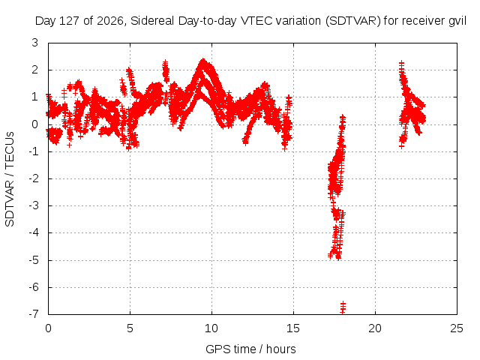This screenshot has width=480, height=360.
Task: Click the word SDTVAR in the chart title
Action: tap(352, 21)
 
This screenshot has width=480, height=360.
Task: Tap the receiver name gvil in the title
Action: tap(457, 22)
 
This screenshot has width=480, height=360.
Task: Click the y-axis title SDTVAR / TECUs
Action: tap(10, 179)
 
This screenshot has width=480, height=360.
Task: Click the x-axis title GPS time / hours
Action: tap(250, 349)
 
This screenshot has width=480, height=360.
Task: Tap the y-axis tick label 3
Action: tap(35, 43)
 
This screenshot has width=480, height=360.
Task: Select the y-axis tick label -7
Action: tap(34, 313)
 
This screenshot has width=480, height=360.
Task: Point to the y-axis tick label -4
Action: tap(34, 232)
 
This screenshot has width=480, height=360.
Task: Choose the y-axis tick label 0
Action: tap(35, 124)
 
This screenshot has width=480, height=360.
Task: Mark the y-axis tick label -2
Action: tap(34, 178)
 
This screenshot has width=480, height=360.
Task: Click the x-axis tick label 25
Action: tap(457, 328)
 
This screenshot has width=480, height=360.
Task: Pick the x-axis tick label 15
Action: tap(293, 328)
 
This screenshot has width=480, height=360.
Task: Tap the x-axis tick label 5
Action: tap(130, 328)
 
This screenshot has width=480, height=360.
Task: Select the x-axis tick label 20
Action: tap(375, 328)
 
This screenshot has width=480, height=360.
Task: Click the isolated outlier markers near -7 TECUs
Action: tap(343, 307)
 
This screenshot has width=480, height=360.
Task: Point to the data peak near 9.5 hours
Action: tap(203, 61)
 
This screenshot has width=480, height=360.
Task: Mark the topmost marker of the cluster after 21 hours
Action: tap(402, 63)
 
